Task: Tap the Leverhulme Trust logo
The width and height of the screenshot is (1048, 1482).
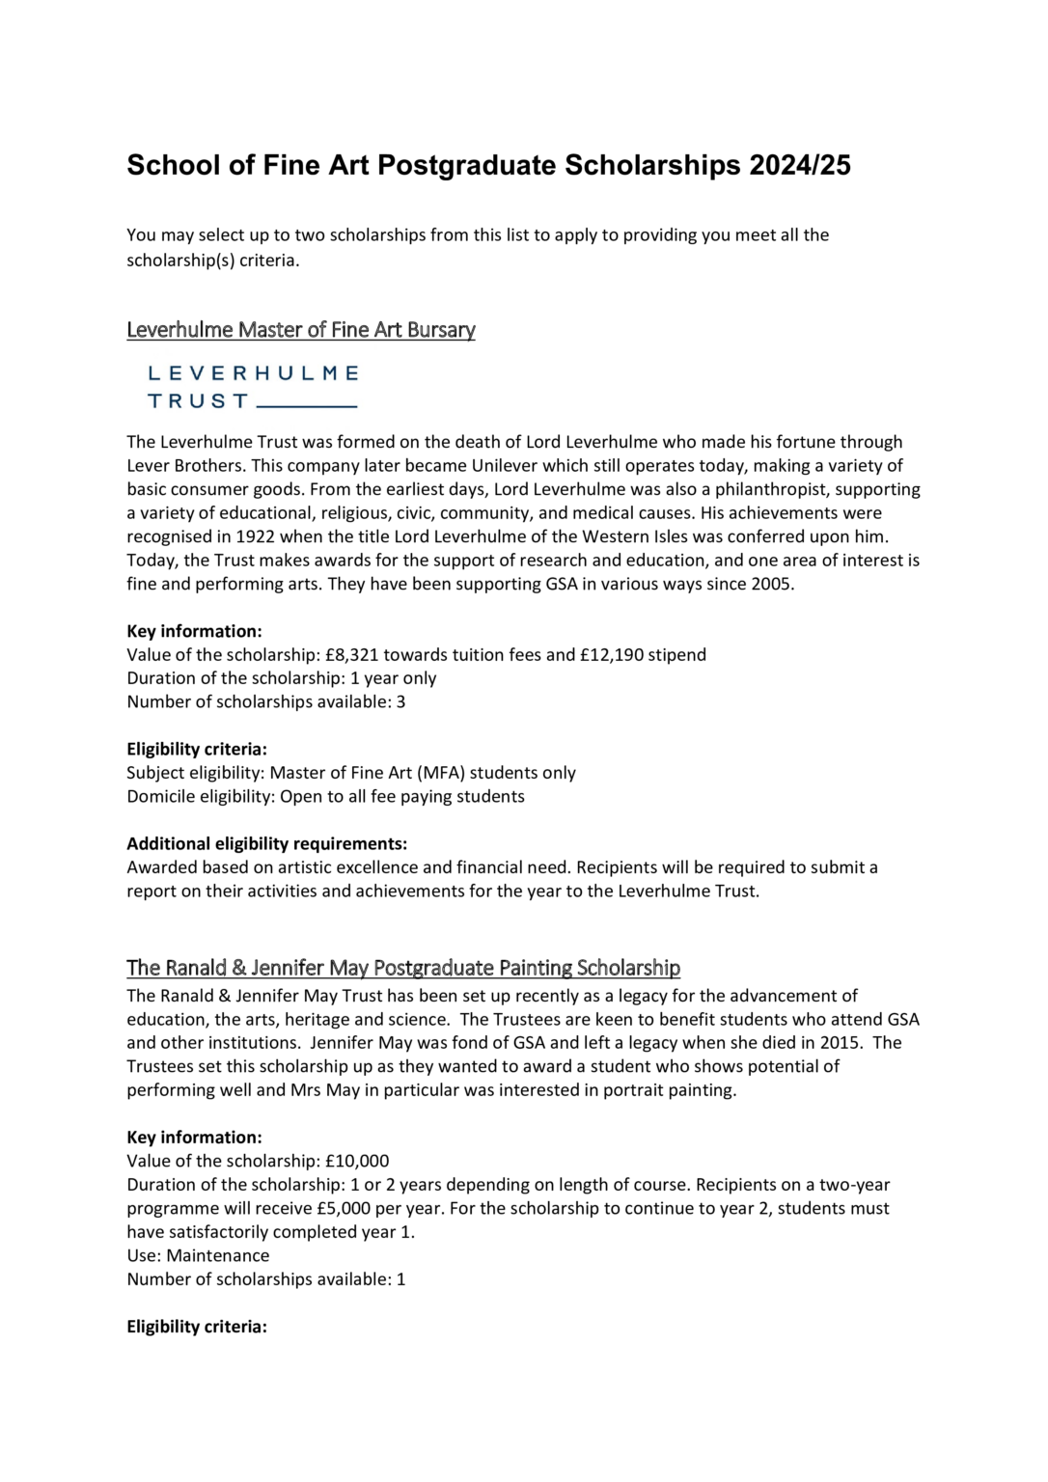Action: [253, 386]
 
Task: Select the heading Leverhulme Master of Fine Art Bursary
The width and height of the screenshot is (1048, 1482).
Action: [301, 330]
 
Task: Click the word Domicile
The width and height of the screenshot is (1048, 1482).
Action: [160, 797]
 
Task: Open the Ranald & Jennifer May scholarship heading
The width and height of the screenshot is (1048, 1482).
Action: [403, 968]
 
